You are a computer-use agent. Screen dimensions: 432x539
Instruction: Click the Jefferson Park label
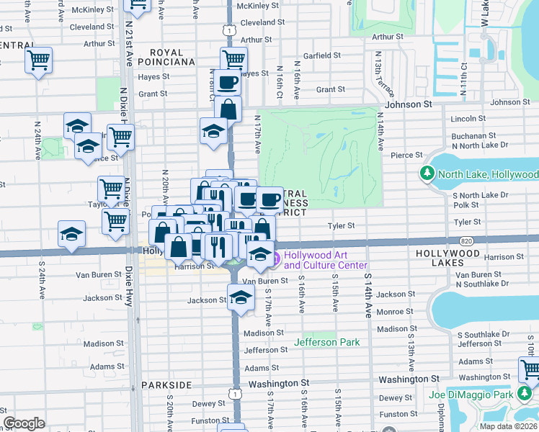coord(326,342)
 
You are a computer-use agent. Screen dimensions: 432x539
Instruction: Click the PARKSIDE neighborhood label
coord(166,385)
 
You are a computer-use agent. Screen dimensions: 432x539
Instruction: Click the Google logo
coord(24,423)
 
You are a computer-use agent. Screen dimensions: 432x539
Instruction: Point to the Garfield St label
coord(321,55)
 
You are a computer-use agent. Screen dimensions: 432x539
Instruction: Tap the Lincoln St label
coord(468,118)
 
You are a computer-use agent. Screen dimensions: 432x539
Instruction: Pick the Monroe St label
coord(394,311)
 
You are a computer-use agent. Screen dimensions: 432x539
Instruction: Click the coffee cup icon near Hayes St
coord(228,82)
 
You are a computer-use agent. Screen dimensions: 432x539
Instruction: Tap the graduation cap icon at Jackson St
coord(241,296)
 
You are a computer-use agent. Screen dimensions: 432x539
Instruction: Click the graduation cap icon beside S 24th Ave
coord(72,233)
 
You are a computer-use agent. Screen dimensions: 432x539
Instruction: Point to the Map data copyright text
coord(509,426)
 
